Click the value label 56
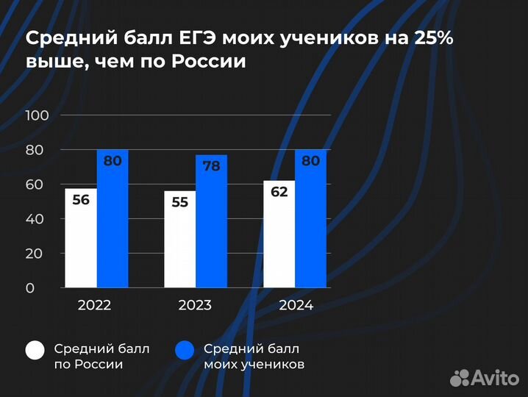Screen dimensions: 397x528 [81, 199]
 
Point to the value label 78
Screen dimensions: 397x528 [212, 166]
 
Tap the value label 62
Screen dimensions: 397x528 [279, 192]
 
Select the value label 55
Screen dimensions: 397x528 [180, 201]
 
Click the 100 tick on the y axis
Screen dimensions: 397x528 [36, 115]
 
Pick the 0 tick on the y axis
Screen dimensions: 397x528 [30, 288]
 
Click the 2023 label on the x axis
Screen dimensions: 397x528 [195, 306]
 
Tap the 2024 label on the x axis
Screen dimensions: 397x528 [296, 306]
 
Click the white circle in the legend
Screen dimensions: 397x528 [37, 351]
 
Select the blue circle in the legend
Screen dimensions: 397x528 [185, 351]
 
